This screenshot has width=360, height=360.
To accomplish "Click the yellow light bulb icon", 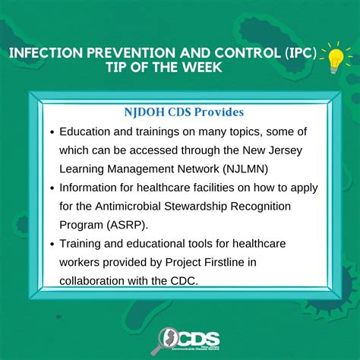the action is (x=335, y=61).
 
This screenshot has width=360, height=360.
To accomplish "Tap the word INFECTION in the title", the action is (x=46, y=52).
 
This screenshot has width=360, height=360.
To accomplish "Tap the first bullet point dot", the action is (x=52, y=132).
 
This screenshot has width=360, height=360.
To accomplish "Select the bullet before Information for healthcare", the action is (x=52, y=188).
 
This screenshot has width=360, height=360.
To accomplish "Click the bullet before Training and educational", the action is (x=52, y=244).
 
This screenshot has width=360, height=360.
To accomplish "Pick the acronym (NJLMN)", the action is (x=245, y=169).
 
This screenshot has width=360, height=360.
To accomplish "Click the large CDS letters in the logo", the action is (x=198, y=339).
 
